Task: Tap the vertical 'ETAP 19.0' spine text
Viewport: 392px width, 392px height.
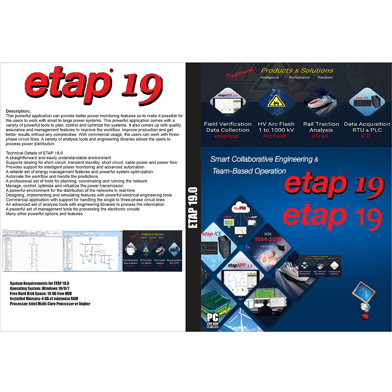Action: click(x=193, y=208)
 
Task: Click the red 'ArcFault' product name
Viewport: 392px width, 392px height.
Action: click(x=277, y=136)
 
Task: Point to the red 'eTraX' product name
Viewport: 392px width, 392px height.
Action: click(x=321, y=136)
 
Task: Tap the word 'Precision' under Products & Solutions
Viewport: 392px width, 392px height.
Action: click(x=325, y=78)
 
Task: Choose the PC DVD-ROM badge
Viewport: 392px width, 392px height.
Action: click(x=212, y=320)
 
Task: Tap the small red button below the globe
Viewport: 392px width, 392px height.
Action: click(x=365, y=316)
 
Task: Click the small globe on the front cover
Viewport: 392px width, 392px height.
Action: click(x=365, y=307)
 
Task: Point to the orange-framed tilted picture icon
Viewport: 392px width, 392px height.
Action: click(x=364, y=292)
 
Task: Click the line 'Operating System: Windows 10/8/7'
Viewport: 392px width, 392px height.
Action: click(x=44, y=289)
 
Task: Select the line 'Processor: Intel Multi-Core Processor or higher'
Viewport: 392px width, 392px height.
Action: click(x=50, y=304)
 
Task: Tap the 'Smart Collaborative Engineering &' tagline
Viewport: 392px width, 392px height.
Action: click(x=264, y=159)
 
